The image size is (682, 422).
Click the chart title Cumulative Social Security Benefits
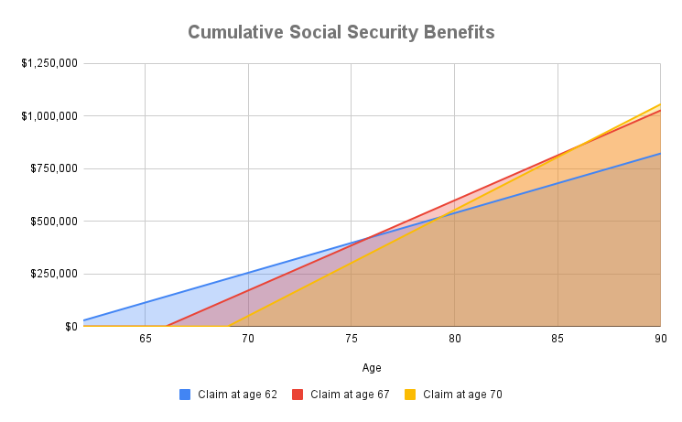pos(341,33)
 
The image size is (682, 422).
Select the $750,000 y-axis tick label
pos(54,168)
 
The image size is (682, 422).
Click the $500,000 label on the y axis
pos(54,222)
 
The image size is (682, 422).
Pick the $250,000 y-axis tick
pos(54,274)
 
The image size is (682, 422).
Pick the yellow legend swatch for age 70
pos(411,395)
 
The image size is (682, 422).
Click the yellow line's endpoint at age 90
pos(660,103)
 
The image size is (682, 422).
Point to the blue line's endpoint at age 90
pos(660,153)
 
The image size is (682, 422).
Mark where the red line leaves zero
pos(166,326)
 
